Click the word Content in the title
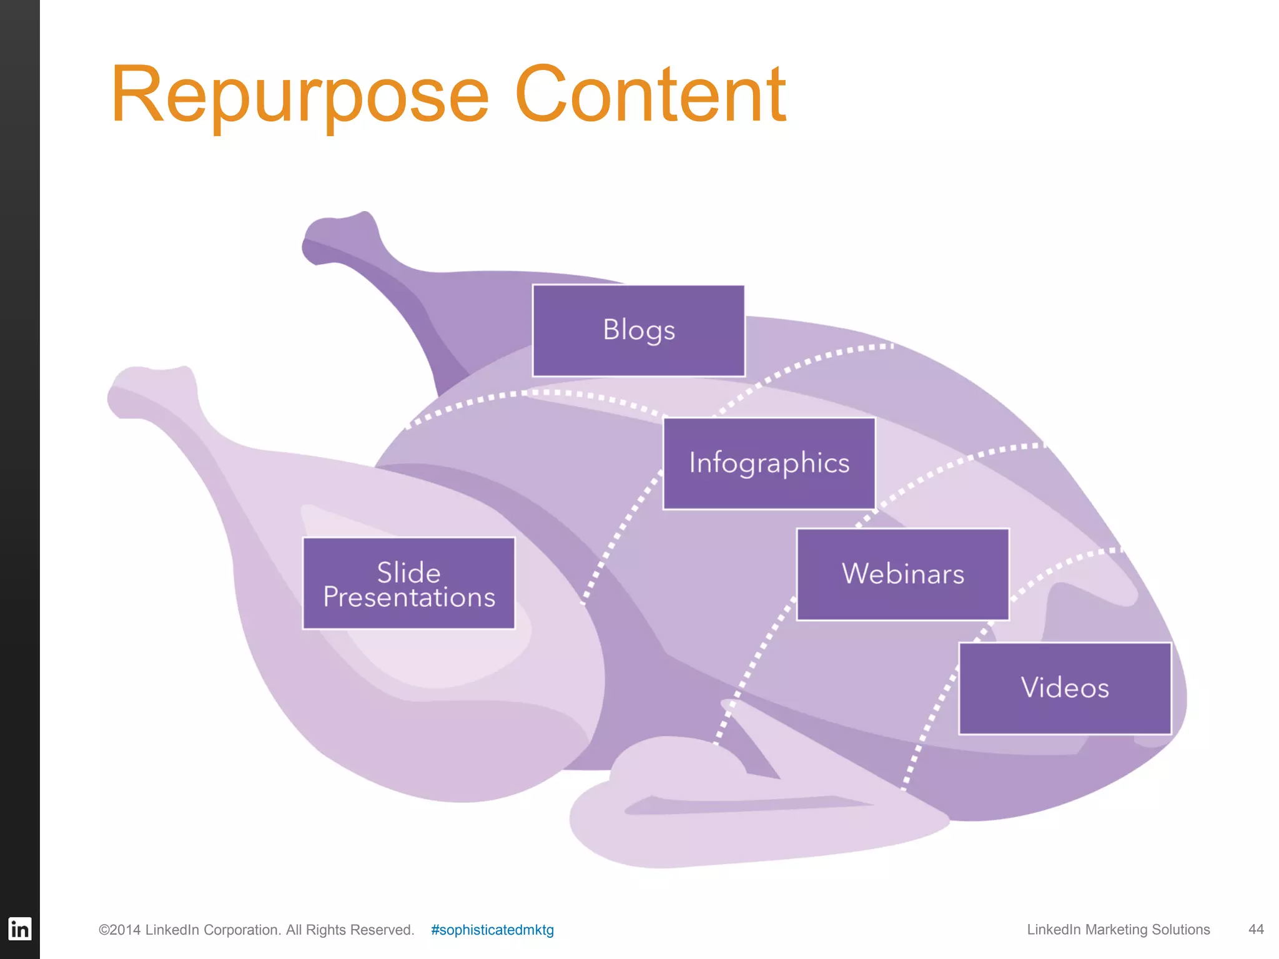click(649, 95)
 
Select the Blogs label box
click(638, 330)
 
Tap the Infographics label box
click(769, 463)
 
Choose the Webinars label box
click(902, 574)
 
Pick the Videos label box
click(1065, 688)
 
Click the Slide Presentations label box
click(408, 583)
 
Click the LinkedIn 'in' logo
click(19, 929)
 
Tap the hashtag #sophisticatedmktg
click(492, 930)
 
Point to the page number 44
click(1256, 929)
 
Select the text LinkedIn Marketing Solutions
click(1118, 929)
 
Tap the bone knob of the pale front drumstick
click(150, 390)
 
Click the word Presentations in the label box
click(409, 598)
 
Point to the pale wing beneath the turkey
click(718, 824)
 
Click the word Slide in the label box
click(408, 572)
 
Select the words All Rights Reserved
click(350, 930)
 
